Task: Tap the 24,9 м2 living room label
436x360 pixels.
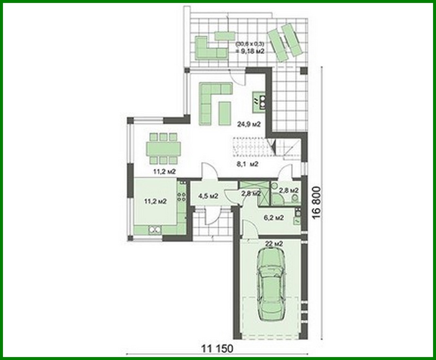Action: [249, 124]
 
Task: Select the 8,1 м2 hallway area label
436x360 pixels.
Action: [248, 164]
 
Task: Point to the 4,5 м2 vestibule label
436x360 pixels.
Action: [208, 196]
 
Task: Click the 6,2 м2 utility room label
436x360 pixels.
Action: [274, 217]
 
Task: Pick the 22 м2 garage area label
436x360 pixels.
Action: [274, 244]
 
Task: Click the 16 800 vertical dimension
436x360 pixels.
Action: [317, 203]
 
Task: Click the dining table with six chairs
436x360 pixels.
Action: [164, 148]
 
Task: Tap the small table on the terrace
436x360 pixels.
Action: [225, 36]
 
